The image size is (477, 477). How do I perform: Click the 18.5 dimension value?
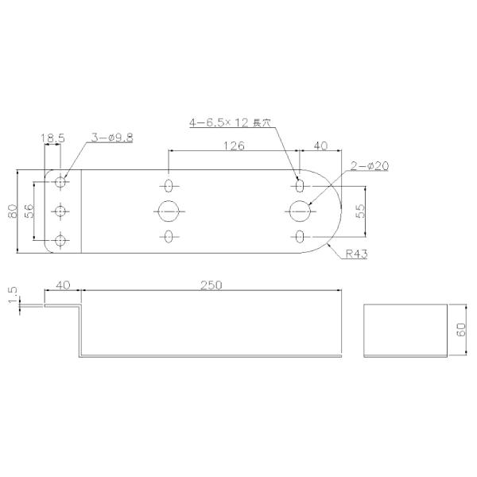[x=53, y=138]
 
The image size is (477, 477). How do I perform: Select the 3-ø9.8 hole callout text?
[x=112, y=138]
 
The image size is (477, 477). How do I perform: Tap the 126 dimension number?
[x=234, y=146]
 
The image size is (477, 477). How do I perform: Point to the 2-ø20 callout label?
[x=370, y=166]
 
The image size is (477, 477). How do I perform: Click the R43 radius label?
[x=356, y=254]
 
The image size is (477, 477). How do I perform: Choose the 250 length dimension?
[x=211, y=285]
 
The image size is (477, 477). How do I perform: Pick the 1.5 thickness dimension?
[x=14, y=295]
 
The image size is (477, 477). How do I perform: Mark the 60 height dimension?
[x=461, y=329]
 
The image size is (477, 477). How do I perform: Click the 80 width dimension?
[x=13, y=211]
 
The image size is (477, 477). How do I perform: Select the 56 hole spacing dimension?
[x=29, y=211]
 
